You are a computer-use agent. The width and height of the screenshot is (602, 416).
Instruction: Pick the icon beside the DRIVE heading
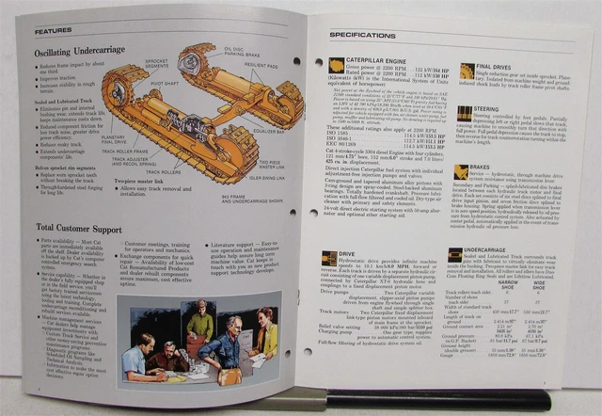pyautogui.click(x=329, y=256)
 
